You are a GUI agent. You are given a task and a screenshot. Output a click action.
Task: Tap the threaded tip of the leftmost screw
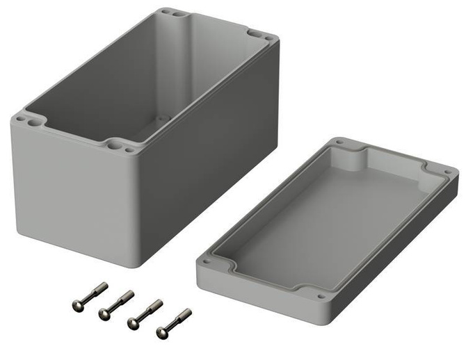[x=103, y=286]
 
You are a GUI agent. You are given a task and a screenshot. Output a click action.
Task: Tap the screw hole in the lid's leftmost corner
[x=206, y=262]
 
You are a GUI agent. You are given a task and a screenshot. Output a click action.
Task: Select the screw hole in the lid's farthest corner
[x=339, y=142]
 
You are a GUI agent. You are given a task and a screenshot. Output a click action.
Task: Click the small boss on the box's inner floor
[x=163, y=119]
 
